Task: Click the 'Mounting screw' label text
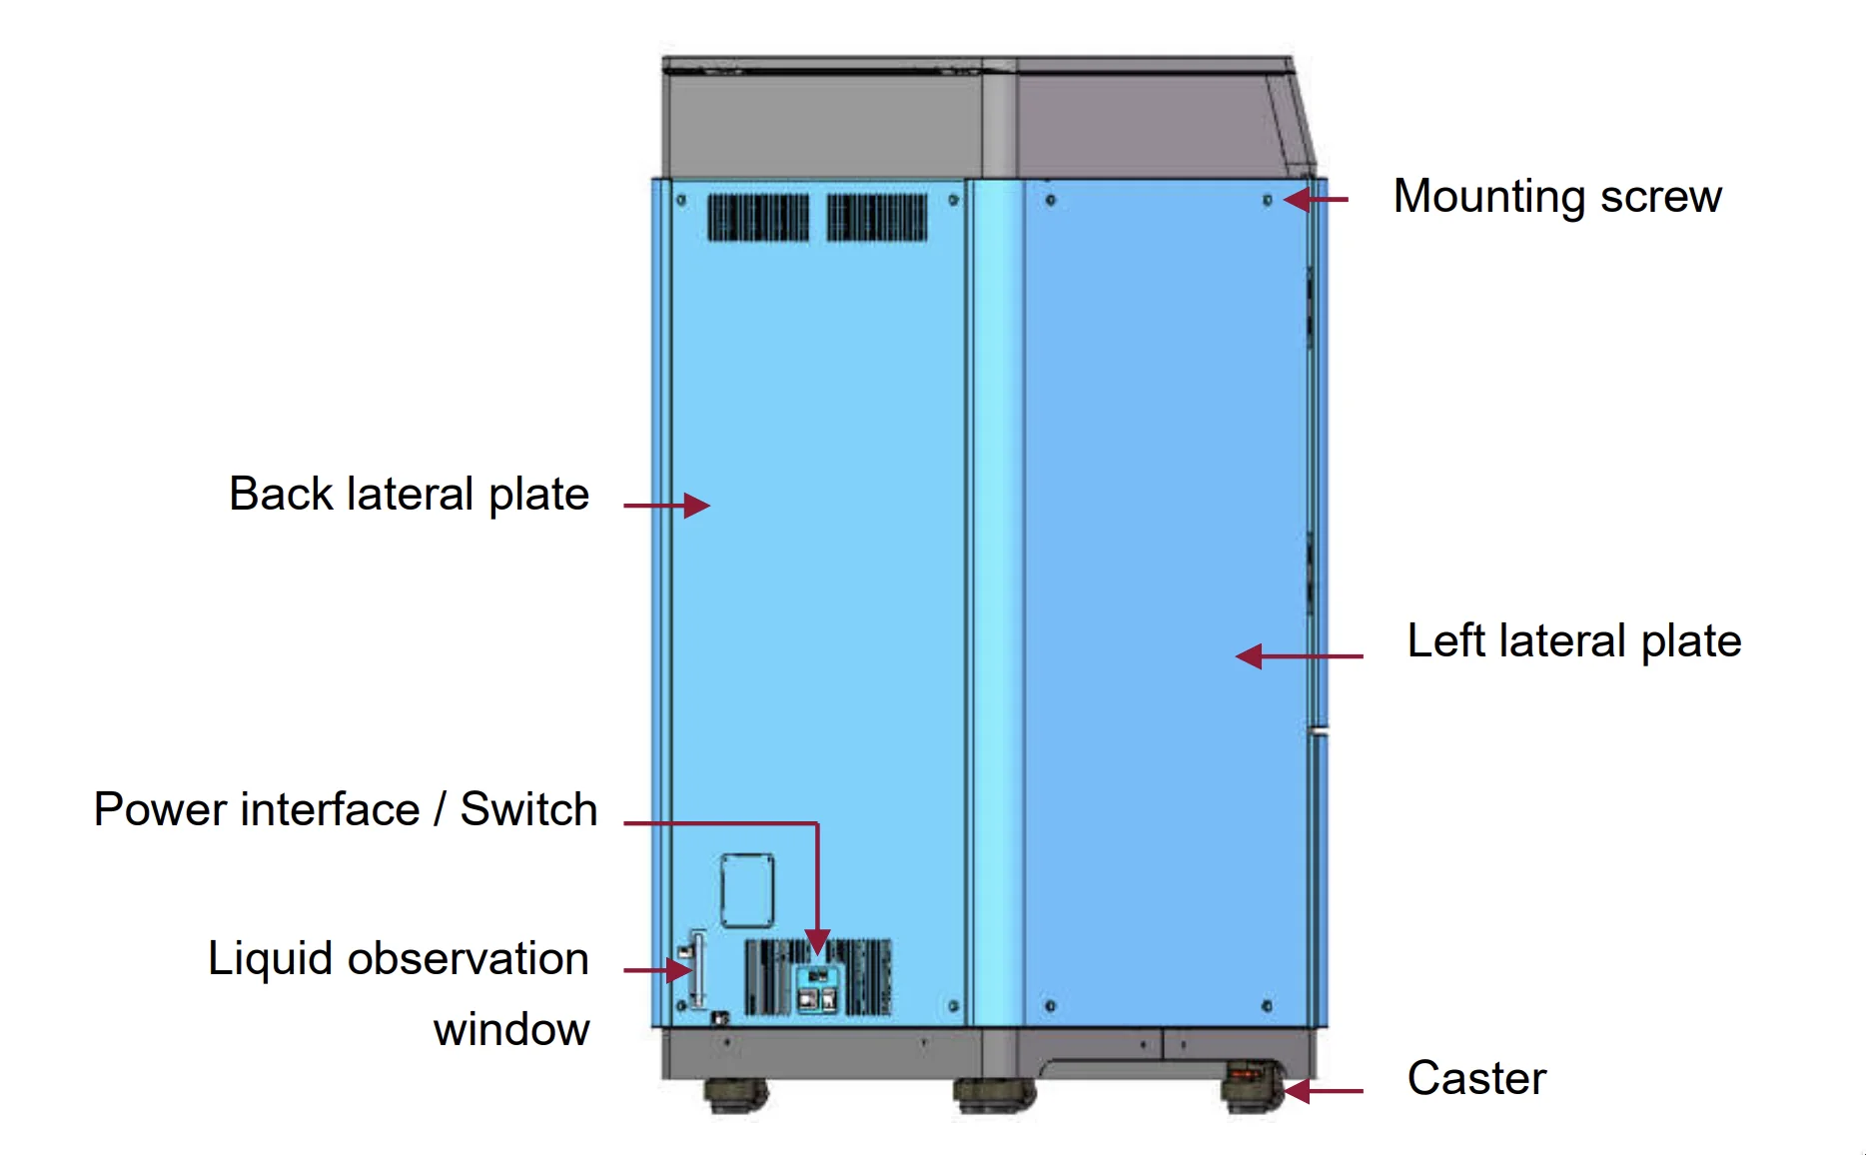(x=1556, y=196)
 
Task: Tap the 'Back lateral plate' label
(x=409, y=494)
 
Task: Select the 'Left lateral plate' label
(x=1573, y=640)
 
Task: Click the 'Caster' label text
(x=1475, y=1078)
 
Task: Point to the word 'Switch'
(x=528, y=809)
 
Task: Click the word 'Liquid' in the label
(x=270, y=958)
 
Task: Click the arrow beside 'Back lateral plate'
(x=666, y=506)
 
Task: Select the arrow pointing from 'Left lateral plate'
(x=1299, y=656)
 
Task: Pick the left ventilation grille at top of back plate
(x=758, y=218)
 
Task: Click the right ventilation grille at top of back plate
(x=877, y=218)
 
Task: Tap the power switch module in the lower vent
(x=818, y=988)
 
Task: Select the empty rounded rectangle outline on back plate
(x=747, y=890)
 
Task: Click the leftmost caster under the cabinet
(x=736, y=1095)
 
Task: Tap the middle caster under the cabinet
(x=993, y=1095)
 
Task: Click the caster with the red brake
(x=1250, y=1087)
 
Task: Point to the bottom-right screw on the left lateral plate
(x=1267, y=1005)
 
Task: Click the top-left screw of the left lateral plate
(x=1050, y=201)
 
